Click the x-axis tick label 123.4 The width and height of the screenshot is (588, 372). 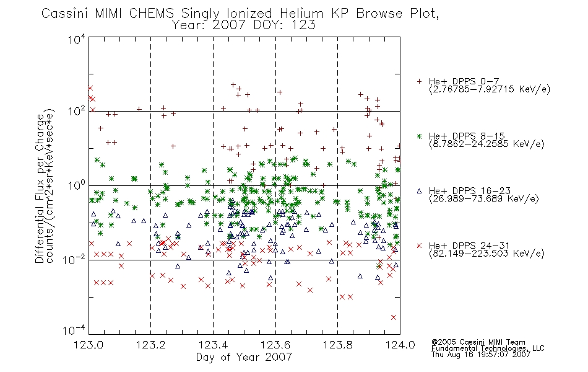tap(213, 345)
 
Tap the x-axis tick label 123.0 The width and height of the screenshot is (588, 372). tap(89, 345)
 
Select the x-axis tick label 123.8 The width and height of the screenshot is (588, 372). tap(337, 345)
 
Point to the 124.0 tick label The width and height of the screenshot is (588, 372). tap(400, 345)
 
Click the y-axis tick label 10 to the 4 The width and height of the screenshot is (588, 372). tap(77, 39)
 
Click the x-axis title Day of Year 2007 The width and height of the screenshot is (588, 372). tap(244, 357)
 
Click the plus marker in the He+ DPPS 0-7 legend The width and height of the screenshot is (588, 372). tap(420, 81)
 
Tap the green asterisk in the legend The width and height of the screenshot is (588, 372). tap(420, 136)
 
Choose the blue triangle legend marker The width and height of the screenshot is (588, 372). tap(420, 191)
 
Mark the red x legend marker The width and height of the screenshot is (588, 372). tap(420, 246)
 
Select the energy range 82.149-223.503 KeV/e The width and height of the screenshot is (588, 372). tap(486, 254)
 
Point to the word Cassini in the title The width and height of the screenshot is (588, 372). tap(65, 14)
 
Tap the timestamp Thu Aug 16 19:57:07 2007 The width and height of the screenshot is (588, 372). tap(481, 354)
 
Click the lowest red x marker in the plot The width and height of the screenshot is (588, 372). tap(394, 317)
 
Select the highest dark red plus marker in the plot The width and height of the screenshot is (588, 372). tap(233, 85)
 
